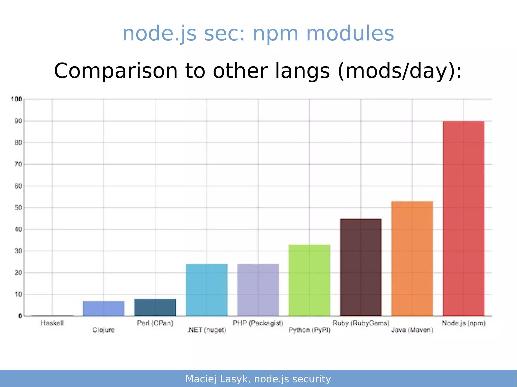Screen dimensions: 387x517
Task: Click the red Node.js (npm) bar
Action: click(463, 218)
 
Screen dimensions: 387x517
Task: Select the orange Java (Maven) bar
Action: click(412, 258)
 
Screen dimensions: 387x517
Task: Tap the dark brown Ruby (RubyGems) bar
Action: click(360, 267)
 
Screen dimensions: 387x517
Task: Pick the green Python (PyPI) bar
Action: click(309, 280)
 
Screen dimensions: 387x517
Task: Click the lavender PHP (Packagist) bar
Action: click(258, 290)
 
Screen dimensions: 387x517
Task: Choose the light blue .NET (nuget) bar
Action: click(206, 290)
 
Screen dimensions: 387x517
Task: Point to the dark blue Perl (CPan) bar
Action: click(155, 307)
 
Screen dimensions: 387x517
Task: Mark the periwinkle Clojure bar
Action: click(104, 308)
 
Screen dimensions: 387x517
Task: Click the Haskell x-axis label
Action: click(52, 323)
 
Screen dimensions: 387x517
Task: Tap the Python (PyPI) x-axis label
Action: click(309, 330)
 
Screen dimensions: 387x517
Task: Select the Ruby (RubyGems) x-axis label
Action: click(360, 323)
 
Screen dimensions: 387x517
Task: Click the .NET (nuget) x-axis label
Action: click(206, 330)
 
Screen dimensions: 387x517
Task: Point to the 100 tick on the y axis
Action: click(17, 99)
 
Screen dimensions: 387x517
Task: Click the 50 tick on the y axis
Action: click(18, 207)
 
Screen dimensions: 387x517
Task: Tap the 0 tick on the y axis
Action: click(20, 316)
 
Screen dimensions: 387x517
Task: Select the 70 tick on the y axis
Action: click(18, 164)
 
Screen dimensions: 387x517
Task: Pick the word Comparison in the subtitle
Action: click(116, 71)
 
